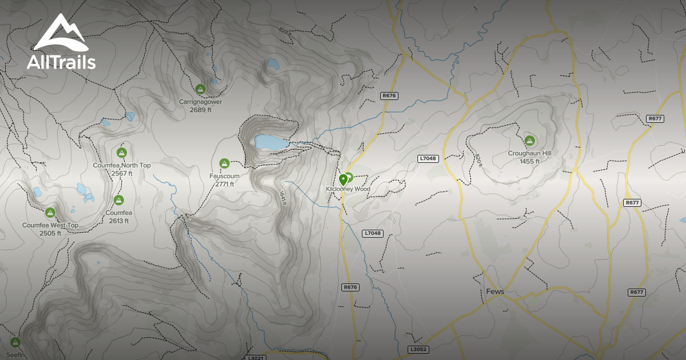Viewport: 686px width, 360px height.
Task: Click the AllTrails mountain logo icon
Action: coord(60,33)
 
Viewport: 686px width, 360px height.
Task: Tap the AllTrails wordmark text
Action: coord(61,62)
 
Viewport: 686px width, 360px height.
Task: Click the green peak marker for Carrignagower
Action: coord(200,89)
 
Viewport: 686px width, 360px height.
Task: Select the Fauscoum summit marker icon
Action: coord(224,163)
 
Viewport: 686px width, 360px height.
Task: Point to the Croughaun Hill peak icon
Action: coord(529,141)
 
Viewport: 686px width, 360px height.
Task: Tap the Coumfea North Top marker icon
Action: coord(121,153)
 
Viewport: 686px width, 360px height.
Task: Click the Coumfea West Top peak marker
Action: coord(50,213)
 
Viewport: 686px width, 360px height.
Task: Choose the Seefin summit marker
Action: coord(15,342)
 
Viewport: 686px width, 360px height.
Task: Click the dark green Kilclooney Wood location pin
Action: coord(343,180)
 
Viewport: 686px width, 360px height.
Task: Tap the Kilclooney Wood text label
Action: coord(348,189)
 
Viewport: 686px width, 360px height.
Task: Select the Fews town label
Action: coord(494,291)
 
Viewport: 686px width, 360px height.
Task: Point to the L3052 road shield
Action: coord(418,349)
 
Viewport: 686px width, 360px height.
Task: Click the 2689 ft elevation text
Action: coord(200,110)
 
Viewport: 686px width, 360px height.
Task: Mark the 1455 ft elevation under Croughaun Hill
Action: coord(529,161)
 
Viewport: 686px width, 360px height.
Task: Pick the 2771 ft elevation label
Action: coord(224,184)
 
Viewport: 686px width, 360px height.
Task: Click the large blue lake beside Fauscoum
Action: coord(270,142)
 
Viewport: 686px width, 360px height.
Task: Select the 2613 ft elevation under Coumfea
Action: coord(118,221)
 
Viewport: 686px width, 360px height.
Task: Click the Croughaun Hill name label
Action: coord(529,154)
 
